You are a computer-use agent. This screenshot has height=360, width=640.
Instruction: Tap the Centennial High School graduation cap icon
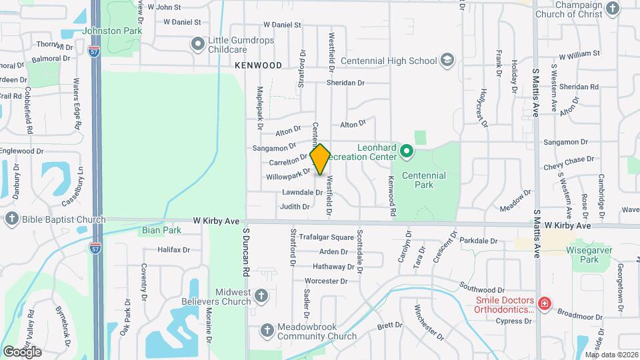[447, 61]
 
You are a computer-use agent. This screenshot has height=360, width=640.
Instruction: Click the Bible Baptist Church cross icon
[11, 219]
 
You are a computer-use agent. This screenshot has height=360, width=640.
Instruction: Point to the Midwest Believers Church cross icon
[262, 295]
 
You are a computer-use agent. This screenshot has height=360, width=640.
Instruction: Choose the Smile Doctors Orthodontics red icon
[545, 304]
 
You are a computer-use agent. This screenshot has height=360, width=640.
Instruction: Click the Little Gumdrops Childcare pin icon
[197, 44]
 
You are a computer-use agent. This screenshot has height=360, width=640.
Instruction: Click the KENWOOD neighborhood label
[258, 65]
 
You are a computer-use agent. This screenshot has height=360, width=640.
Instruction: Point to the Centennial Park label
[423, 180]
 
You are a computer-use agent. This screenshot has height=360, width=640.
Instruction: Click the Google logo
[22, 351]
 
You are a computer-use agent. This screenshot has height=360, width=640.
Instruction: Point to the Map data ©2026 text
[611, 355]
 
